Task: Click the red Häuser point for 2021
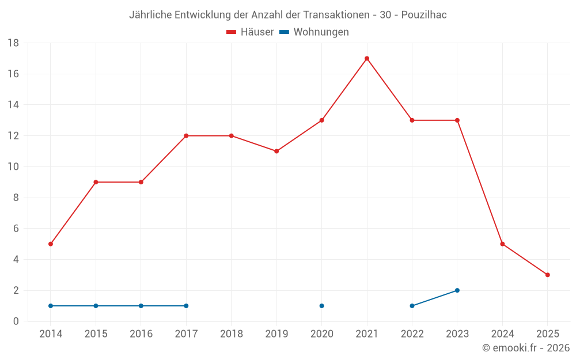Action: point(367,58)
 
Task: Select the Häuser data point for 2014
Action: point(51,244)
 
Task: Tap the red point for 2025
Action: point(547,275)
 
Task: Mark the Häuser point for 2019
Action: point(276,151)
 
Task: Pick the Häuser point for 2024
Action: point(502,244)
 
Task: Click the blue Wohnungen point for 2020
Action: point(321,306)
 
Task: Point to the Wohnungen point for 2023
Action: point(457,290)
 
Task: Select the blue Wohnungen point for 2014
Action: point(51,306)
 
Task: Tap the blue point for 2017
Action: point(186,306)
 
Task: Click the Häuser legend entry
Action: point(250,32)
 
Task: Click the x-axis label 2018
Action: point(231,334)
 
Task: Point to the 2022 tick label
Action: point(412,334)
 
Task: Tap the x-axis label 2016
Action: point(141,334)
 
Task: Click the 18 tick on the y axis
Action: point(13,43)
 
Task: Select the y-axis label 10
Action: point(13,167)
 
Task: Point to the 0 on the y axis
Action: point(16,321)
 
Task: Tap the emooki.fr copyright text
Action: point(526,348)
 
